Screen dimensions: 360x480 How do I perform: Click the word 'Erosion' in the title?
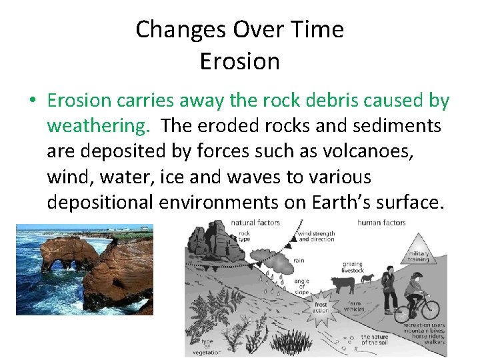pos(239,61)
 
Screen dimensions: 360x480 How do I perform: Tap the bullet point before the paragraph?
pos(33,101)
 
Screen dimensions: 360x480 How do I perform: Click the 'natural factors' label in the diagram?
pos(257,222)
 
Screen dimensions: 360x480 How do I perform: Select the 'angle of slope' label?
pos(301,285)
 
